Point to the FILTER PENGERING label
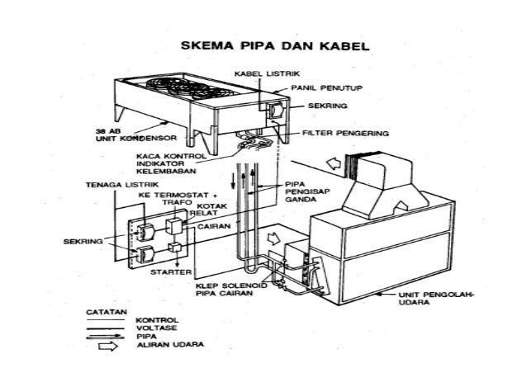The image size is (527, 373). click(x=346, y=132)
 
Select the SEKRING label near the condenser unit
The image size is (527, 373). click(x=326, y=107)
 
